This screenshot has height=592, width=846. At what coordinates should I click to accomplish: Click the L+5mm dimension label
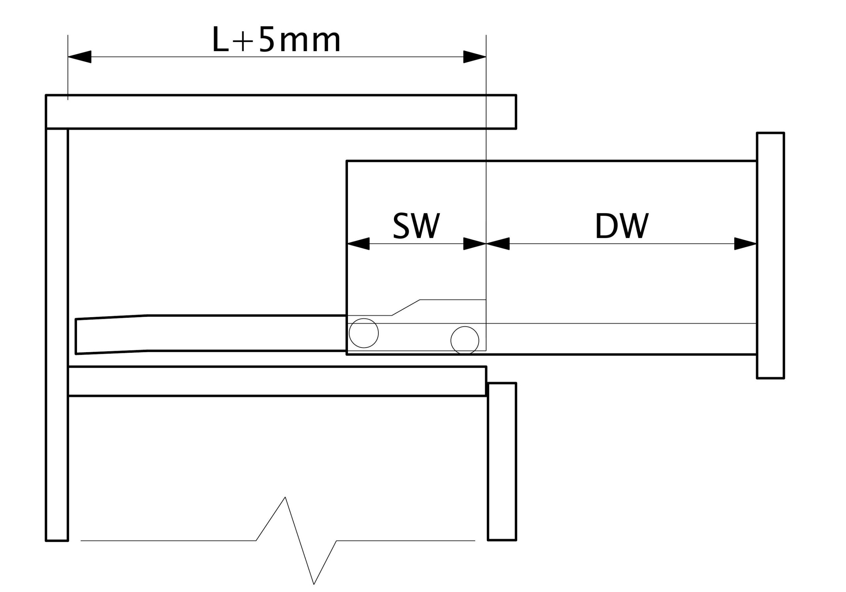coord(276,40)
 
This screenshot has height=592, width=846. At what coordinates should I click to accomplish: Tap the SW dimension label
coord(416,225)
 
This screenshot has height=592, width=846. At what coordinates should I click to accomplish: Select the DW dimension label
coord(622,225)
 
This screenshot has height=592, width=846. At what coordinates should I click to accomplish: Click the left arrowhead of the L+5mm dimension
coord(80,57)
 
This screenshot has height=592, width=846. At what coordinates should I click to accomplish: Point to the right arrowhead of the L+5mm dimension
coord(475,57)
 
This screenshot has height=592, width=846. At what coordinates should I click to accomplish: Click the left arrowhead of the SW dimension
coord(358,243)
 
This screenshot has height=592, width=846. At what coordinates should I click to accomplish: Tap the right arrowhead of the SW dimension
coord(475,243)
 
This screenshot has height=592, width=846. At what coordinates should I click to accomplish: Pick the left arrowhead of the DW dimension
coord(498,243)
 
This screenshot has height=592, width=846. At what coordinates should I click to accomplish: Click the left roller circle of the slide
coord(364,333)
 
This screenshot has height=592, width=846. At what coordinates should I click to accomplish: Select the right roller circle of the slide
coord(465,340)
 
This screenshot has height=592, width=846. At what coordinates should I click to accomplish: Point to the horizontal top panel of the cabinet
coord(280,112)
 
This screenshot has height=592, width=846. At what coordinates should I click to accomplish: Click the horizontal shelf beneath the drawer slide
coord(276,381)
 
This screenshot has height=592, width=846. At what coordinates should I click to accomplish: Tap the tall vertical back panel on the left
coord(57,332)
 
